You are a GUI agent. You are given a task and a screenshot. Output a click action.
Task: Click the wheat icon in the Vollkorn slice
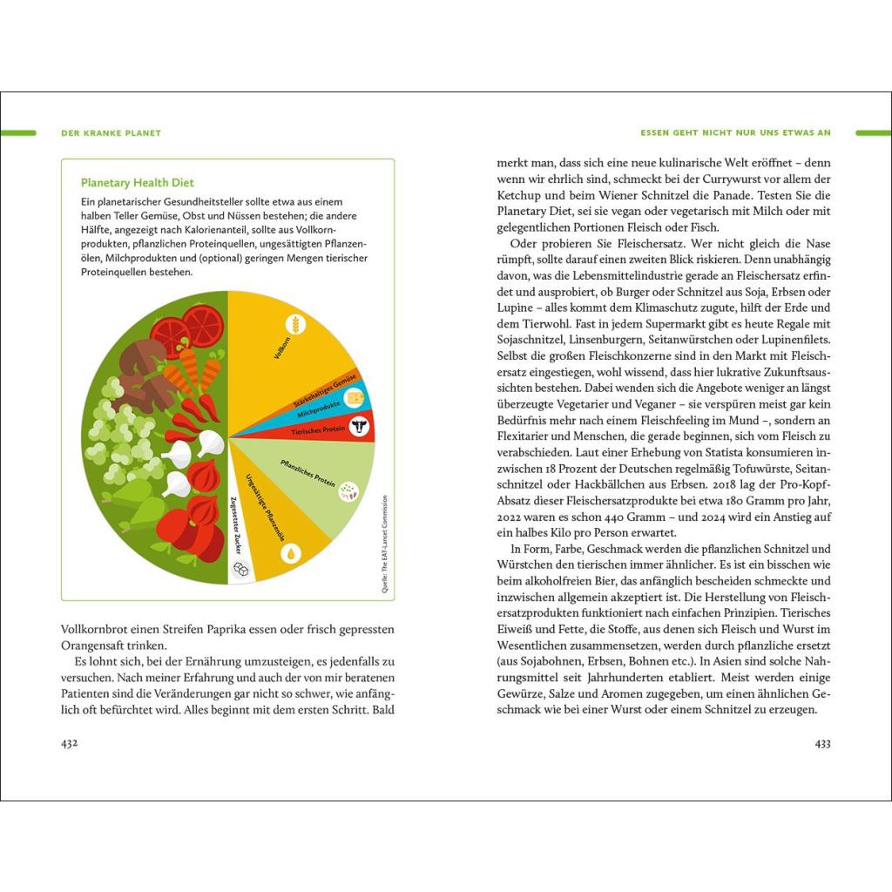[297, 325]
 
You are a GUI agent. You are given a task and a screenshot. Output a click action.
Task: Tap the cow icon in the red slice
[359, 426]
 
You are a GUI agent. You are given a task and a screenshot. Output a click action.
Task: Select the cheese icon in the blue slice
[355, 397]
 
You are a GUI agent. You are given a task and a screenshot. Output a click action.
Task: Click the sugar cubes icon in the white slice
[240, 568]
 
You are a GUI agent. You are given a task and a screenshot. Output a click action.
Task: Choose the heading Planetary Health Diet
[137, 183]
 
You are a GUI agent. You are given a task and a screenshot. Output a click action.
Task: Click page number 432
[70, 743]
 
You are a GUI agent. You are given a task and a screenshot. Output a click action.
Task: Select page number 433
[822, 743]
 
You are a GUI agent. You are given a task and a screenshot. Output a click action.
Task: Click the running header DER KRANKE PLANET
[111, 133]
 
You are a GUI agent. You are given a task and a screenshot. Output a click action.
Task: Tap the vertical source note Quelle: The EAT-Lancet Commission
[383, 544]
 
